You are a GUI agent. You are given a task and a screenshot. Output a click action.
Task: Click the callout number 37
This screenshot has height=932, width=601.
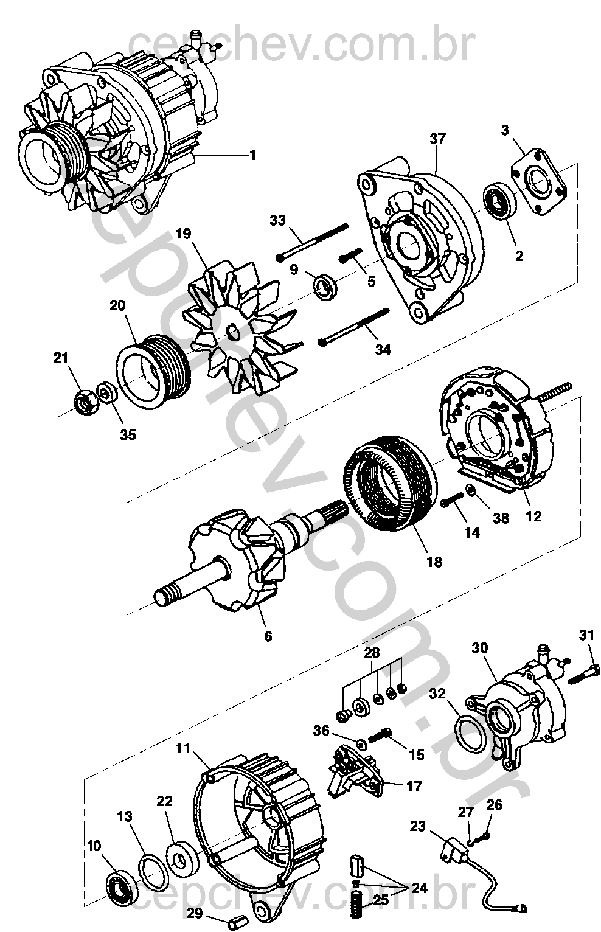click(x=437, y=139)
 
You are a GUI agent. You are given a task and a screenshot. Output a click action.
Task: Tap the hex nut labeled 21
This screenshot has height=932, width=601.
click(x=86, y=403)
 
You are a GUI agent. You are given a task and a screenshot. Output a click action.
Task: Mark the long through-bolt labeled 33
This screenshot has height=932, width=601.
click(x=312, y=241)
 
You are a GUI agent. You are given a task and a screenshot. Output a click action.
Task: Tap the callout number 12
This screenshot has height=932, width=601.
click(x=533, y=516)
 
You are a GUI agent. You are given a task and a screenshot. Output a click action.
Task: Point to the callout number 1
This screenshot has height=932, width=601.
click(x=252, y=155)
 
